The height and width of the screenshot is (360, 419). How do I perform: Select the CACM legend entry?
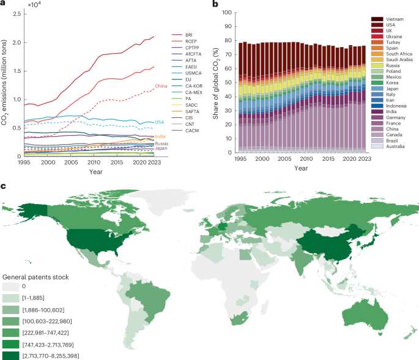[x=184, y=147]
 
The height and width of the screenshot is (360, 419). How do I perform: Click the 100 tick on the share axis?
[x=228, y=12]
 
